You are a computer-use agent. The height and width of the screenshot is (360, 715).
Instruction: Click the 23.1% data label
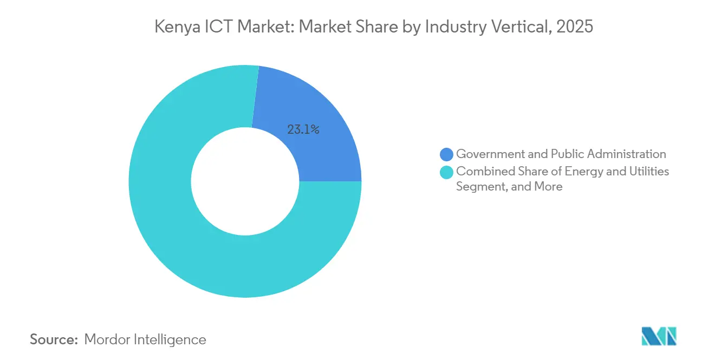[303, 130]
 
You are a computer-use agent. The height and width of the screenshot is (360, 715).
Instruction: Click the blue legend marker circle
[447, 155]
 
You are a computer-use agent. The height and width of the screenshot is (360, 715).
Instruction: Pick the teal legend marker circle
[447, 173]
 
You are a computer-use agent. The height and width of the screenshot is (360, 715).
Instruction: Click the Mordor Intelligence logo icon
[659, 336]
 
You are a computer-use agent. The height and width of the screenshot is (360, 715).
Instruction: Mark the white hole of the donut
[245, 181]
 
